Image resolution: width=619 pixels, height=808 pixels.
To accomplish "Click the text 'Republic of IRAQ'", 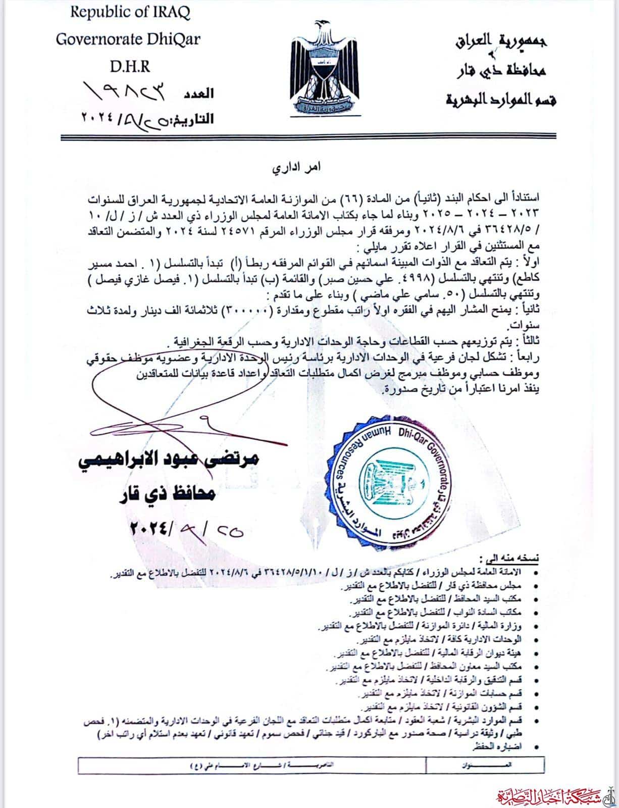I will [130, 13].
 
